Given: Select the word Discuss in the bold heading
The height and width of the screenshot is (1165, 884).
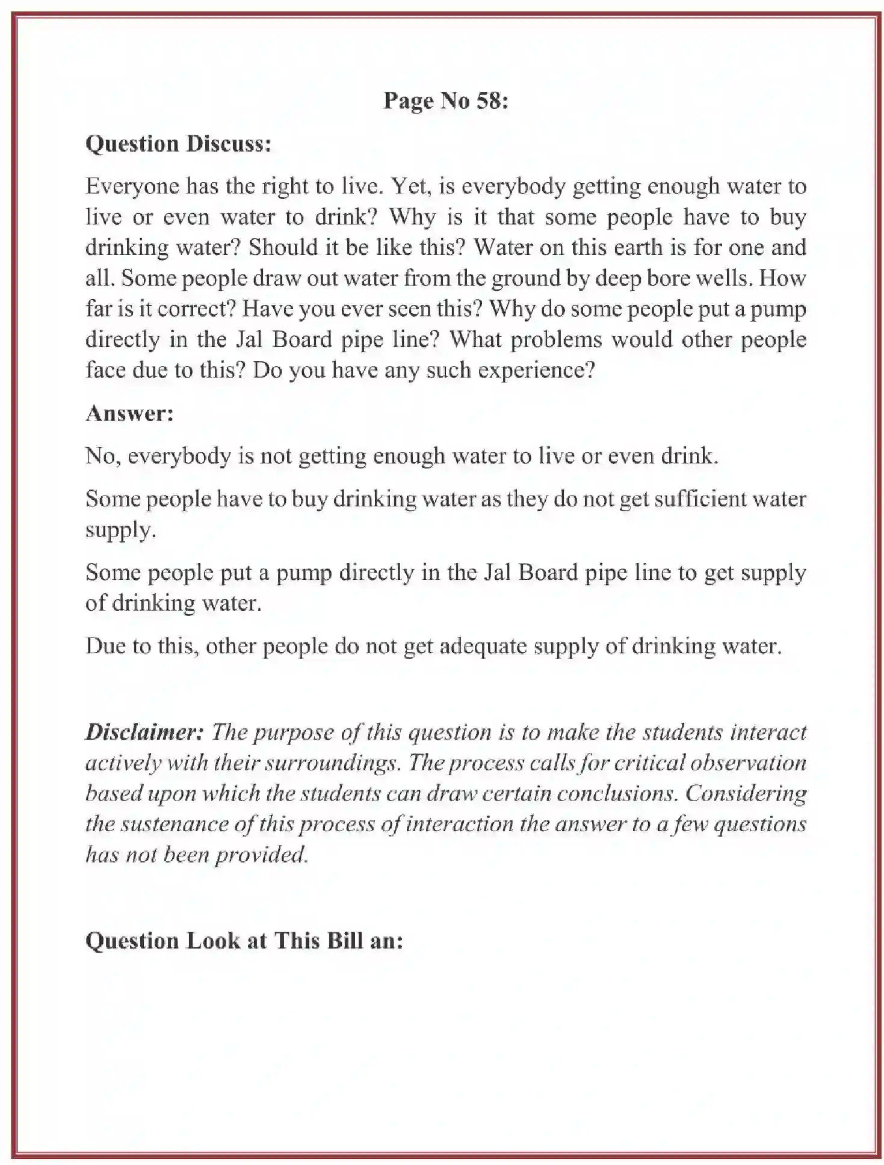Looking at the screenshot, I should point(229,144).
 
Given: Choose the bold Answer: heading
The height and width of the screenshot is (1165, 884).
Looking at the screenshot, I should point(129,413).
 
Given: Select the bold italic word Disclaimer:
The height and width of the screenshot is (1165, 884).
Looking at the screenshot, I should point(145,732).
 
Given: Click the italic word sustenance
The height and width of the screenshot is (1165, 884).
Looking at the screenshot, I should point(177,824).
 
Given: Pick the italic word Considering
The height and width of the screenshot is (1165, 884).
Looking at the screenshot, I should point(746,793).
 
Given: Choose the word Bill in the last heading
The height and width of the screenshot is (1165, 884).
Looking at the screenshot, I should point(345,941).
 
